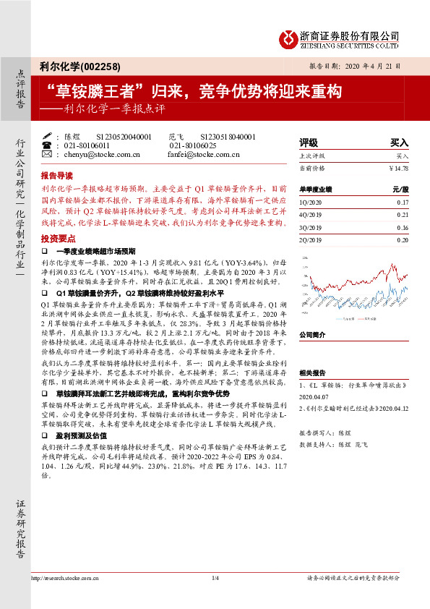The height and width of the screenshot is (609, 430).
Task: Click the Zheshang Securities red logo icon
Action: click(288, 38)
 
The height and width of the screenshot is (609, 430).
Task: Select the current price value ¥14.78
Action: click(398, 168)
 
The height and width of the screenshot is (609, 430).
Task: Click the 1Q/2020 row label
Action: click(309, 203)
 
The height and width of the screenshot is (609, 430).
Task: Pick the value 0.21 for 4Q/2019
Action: click(403, 215)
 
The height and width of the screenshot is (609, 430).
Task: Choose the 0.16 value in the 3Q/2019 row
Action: click(403, 227)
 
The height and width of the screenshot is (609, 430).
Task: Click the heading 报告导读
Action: click(56, 176)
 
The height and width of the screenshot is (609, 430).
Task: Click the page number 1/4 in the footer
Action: click(215, 578)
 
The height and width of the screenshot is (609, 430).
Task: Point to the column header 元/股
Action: click(400, 189)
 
